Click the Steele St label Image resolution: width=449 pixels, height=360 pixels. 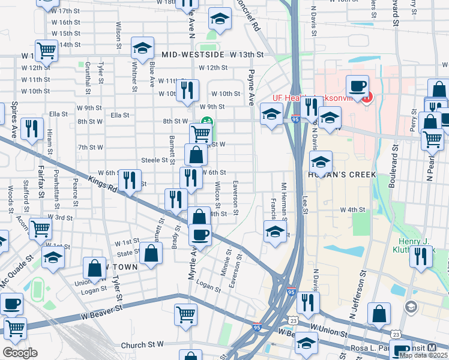(154, 160)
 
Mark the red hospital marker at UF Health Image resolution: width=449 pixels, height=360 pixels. (366, 96)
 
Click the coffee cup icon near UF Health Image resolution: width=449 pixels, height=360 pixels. (357, 86)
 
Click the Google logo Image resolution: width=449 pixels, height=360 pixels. (20, 353)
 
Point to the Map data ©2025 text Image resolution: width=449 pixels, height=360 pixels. (423, 355)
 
